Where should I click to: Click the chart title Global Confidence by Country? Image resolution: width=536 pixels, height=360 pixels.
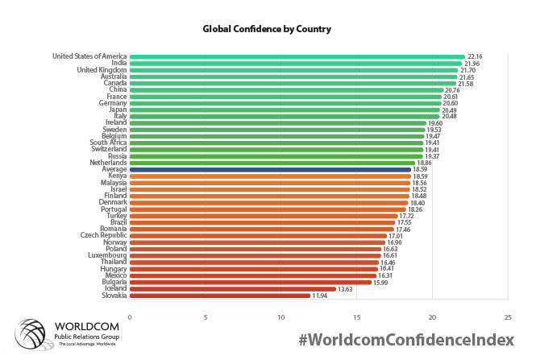(267, 28)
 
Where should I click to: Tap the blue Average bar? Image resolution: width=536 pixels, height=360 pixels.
(269, 169)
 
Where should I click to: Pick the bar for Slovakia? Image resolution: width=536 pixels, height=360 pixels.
(219, 296)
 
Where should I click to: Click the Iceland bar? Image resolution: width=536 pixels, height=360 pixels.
(232, 288)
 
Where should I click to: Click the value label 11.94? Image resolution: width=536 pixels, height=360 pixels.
(320, 296)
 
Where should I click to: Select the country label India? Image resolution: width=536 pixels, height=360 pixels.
(118, 63)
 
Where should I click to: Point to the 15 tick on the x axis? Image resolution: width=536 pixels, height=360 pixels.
(356, 316)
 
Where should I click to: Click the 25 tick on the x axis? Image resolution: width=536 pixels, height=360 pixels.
(507, 316)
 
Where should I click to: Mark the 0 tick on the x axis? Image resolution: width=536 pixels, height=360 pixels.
(129, 316)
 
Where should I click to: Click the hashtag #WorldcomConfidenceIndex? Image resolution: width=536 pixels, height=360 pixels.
(405, 339)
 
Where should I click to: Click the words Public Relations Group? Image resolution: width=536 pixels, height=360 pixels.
(85, 336)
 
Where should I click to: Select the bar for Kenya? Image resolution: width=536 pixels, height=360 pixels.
(269, 176)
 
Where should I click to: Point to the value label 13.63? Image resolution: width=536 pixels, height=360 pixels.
(346, 288)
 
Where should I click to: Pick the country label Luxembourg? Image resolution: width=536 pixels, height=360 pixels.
(105, 255)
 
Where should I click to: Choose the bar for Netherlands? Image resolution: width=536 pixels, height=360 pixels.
(272, 163)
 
